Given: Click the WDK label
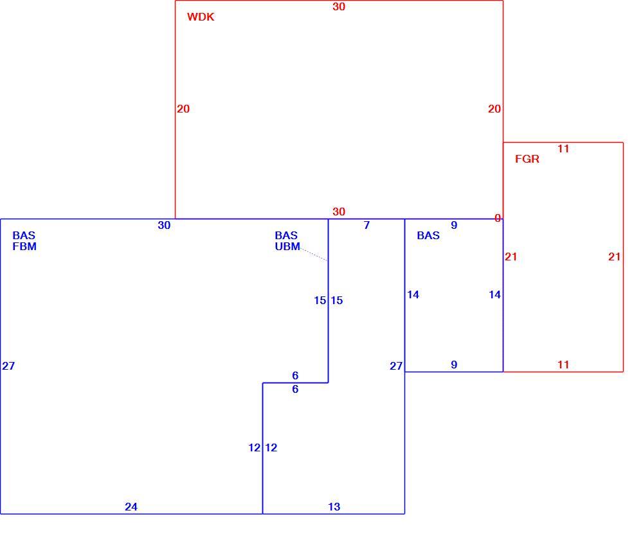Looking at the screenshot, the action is [201, 17].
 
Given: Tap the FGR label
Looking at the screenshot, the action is [527, 159].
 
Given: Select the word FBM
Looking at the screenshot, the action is [24, 246].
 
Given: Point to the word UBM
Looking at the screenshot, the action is [287, 246].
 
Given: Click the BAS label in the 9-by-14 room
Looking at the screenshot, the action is [428, 235].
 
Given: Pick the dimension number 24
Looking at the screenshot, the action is [131, 507].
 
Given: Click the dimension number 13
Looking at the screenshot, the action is [334, 507].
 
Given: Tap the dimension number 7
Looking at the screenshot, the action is [367, 225].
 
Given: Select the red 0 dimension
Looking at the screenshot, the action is [498, 218].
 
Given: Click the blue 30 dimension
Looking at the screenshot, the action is [164, 225].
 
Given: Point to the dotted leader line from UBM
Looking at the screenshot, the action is [314, 254].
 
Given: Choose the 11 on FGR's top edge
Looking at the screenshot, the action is [563, 149].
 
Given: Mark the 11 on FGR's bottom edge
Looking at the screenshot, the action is [563, 365].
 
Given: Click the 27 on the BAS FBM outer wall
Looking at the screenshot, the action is [8, 366].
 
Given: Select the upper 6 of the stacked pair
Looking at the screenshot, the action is [295, 375].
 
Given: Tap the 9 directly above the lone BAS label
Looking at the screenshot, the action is [454, 225].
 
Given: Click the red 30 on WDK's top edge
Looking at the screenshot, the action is [339, 6].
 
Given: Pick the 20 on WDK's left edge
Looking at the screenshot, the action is [183, 109].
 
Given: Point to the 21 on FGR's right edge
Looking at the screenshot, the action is [614, 257].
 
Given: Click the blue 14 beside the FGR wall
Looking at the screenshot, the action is [495, 294].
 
